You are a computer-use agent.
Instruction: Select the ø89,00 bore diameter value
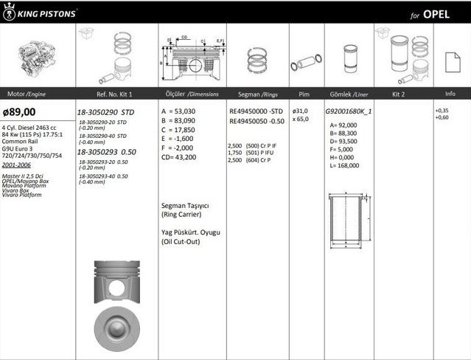point(19,111)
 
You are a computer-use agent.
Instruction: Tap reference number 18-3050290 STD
point(108,111)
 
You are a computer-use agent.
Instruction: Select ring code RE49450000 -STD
point(259,111)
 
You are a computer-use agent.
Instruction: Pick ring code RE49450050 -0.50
point(259,120)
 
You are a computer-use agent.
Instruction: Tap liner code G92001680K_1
point(349,111)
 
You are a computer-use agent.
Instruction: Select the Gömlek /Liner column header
point(349,94)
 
